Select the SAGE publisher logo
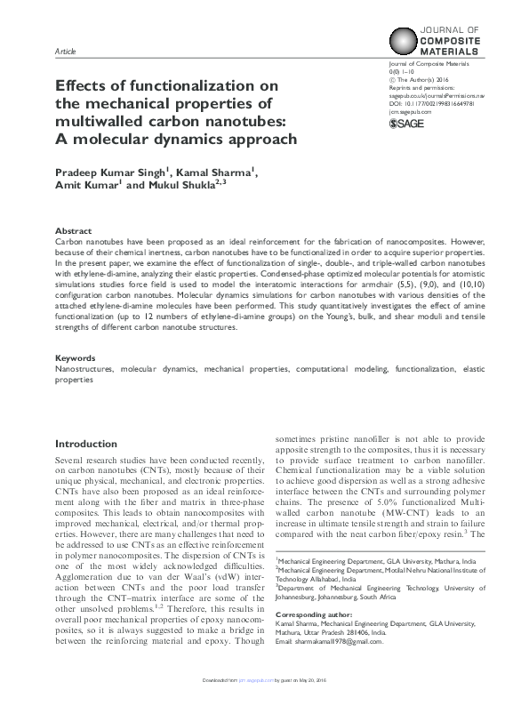409,123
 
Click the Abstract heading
73,230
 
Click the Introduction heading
92,444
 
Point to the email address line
330,642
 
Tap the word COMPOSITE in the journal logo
454,42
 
